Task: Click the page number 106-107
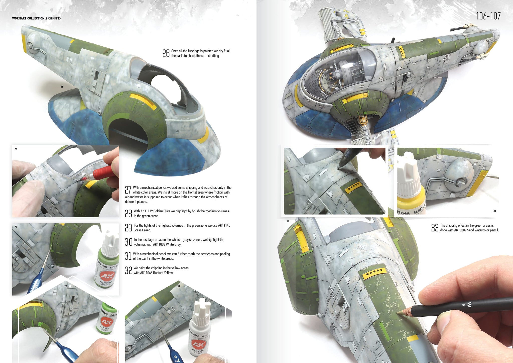(x=488, y=16)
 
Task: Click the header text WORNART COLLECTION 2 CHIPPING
(x=36, y=18)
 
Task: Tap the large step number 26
(x=166, y=53)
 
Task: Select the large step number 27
(x=128, y=190)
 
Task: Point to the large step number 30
(x=129, y=242)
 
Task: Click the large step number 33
(x=435, y=228)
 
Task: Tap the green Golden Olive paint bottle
(x=106, y=261)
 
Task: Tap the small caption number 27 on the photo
(x=16, y=149)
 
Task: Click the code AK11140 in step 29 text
(x=224, y=225)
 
